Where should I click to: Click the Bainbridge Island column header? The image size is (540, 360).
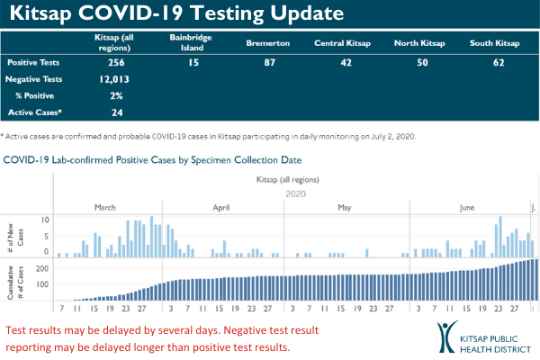pos(186,41)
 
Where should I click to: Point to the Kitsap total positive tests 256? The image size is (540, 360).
pos(113,63)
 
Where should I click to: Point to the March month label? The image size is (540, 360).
pos(105,207)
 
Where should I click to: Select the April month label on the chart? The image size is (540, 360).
pos(221,207)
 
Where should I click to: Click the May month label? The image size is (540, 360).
pos(345,207)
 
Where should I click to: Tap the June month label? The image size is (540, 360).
pos(467,207)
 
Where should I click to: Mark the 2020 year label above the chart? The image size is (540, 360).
pos(295,193)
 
